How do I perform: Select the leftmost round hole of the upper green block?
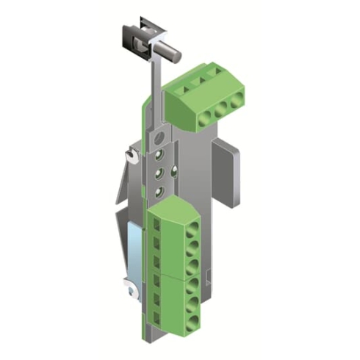click(204, 115)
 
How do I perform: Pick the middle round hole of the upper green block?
click(220, 108)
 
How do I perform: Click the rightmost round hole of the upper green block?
click(236, 102)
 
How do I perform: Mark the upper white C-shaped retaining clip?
click(132, 156)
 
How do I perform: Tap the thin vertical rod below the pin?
click(156, 81)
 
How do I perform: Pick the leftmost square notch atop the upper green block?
click(182, 86)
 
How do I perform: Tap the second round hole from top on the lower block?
click(192, 247)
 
